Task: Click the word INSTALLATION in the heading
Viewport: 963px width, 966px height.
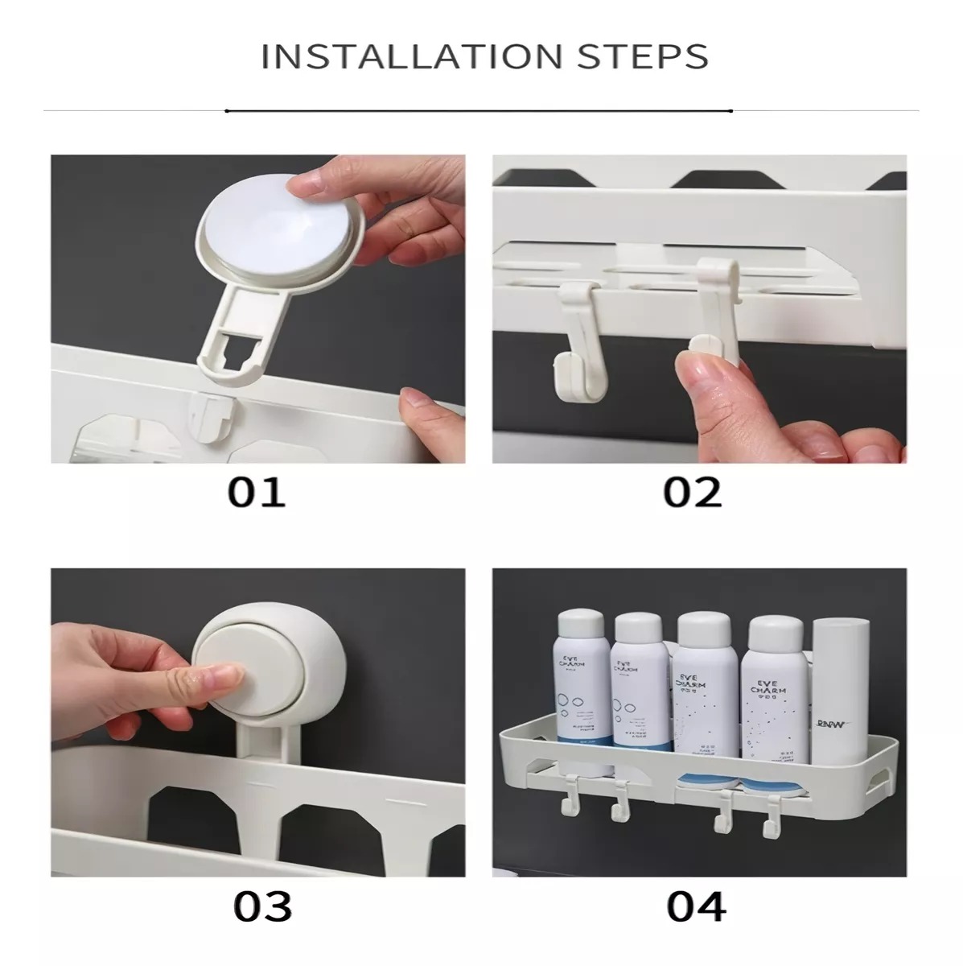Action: [x=410, y=56]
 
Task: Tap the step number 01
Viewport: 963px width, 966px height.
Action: [x=256, y=492]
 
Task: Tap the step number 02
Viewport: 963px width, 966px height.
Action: [x=693, y=492]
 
